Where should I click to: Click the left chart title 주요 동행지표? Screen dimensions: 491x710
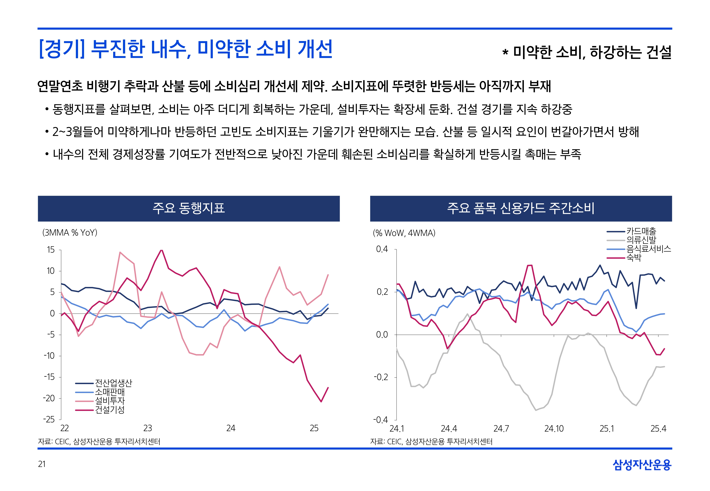pyautogui.click(x=189, y=208)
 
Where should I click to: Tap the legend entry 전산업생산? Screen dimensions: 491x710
pyautogui.click(x=113, y=383)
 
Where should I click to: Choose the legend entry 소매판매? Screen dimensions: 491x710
pyautogui.click(x=110, y=392)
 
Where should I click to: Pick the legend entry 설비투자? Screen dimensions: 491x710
pyautogui.click(x=110, y=401)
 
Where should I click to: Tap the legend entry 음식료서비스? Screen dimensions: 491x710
pyautogui.click(x=648, y=249)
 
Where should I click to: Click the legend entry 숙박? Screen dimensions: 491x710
pyautogui.click(x=634, y=258)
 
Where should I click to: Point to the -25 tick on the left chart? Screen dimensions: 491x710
pyautogui.click(x=49, y=419)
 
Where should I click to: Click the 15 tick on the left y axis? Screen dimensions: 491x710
pyautogui.click(x=50, y=250)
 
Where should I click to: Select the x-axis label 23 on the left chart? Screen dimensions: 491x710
pyautogui.click(x=147, y=428)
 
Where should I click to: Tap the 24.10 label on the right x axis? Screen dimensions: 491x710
pyautogui.click(x=554, y=429)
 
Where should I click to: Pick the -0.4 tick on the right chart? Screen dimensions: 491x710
pyautogui.click(x=381, y=420)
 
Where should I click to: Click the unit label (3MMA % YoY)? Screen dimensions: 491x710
pyautogui.click(x=70, y=233)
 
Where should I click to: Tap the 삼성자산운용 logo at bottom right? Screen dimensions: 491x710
pyautogui.click(x=642, y=465)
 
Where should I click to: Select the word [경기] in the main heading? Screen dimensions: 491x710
pyautogui.click(x=62, y=49)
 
